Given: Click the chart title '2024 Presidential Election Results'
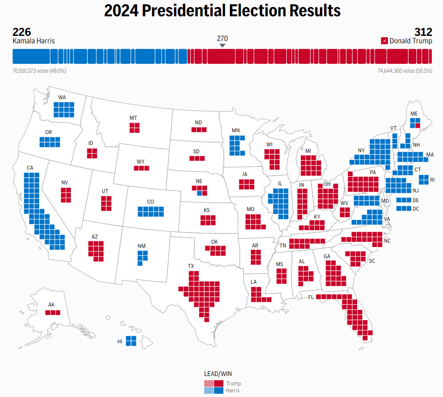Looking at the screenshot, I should tap(222, 11).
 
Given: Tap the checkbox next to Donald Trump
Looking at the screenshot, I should tap(384, 41).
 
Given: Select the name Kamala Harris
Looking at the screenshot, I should tap(34, 41).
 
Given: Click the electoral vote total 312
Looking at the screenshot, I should tap(423, 32).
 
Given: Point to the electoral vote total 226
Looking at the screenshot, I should tap(21, 32).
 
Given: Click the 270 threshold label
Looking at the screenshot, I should tap(222, 38).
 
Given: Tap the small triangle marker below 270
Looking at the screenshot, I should tap(222, 45).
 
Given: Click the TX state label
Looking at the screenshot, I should tap(191, 266).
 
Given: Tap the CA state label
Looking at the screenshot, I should tap(30, 168).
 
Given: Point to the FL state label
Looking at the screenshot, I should tap(311, 297).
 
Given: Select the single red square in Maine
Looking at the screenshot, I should tap(418, 125).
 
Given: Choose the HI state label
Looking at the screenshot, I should tap(120, 342).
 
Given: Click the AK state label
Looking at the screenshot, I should tap(51, 305).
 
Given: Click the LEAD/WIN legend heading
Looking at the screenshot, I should tap(218, 374).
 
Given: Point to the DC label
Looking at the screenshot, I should tap(416, 208).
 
